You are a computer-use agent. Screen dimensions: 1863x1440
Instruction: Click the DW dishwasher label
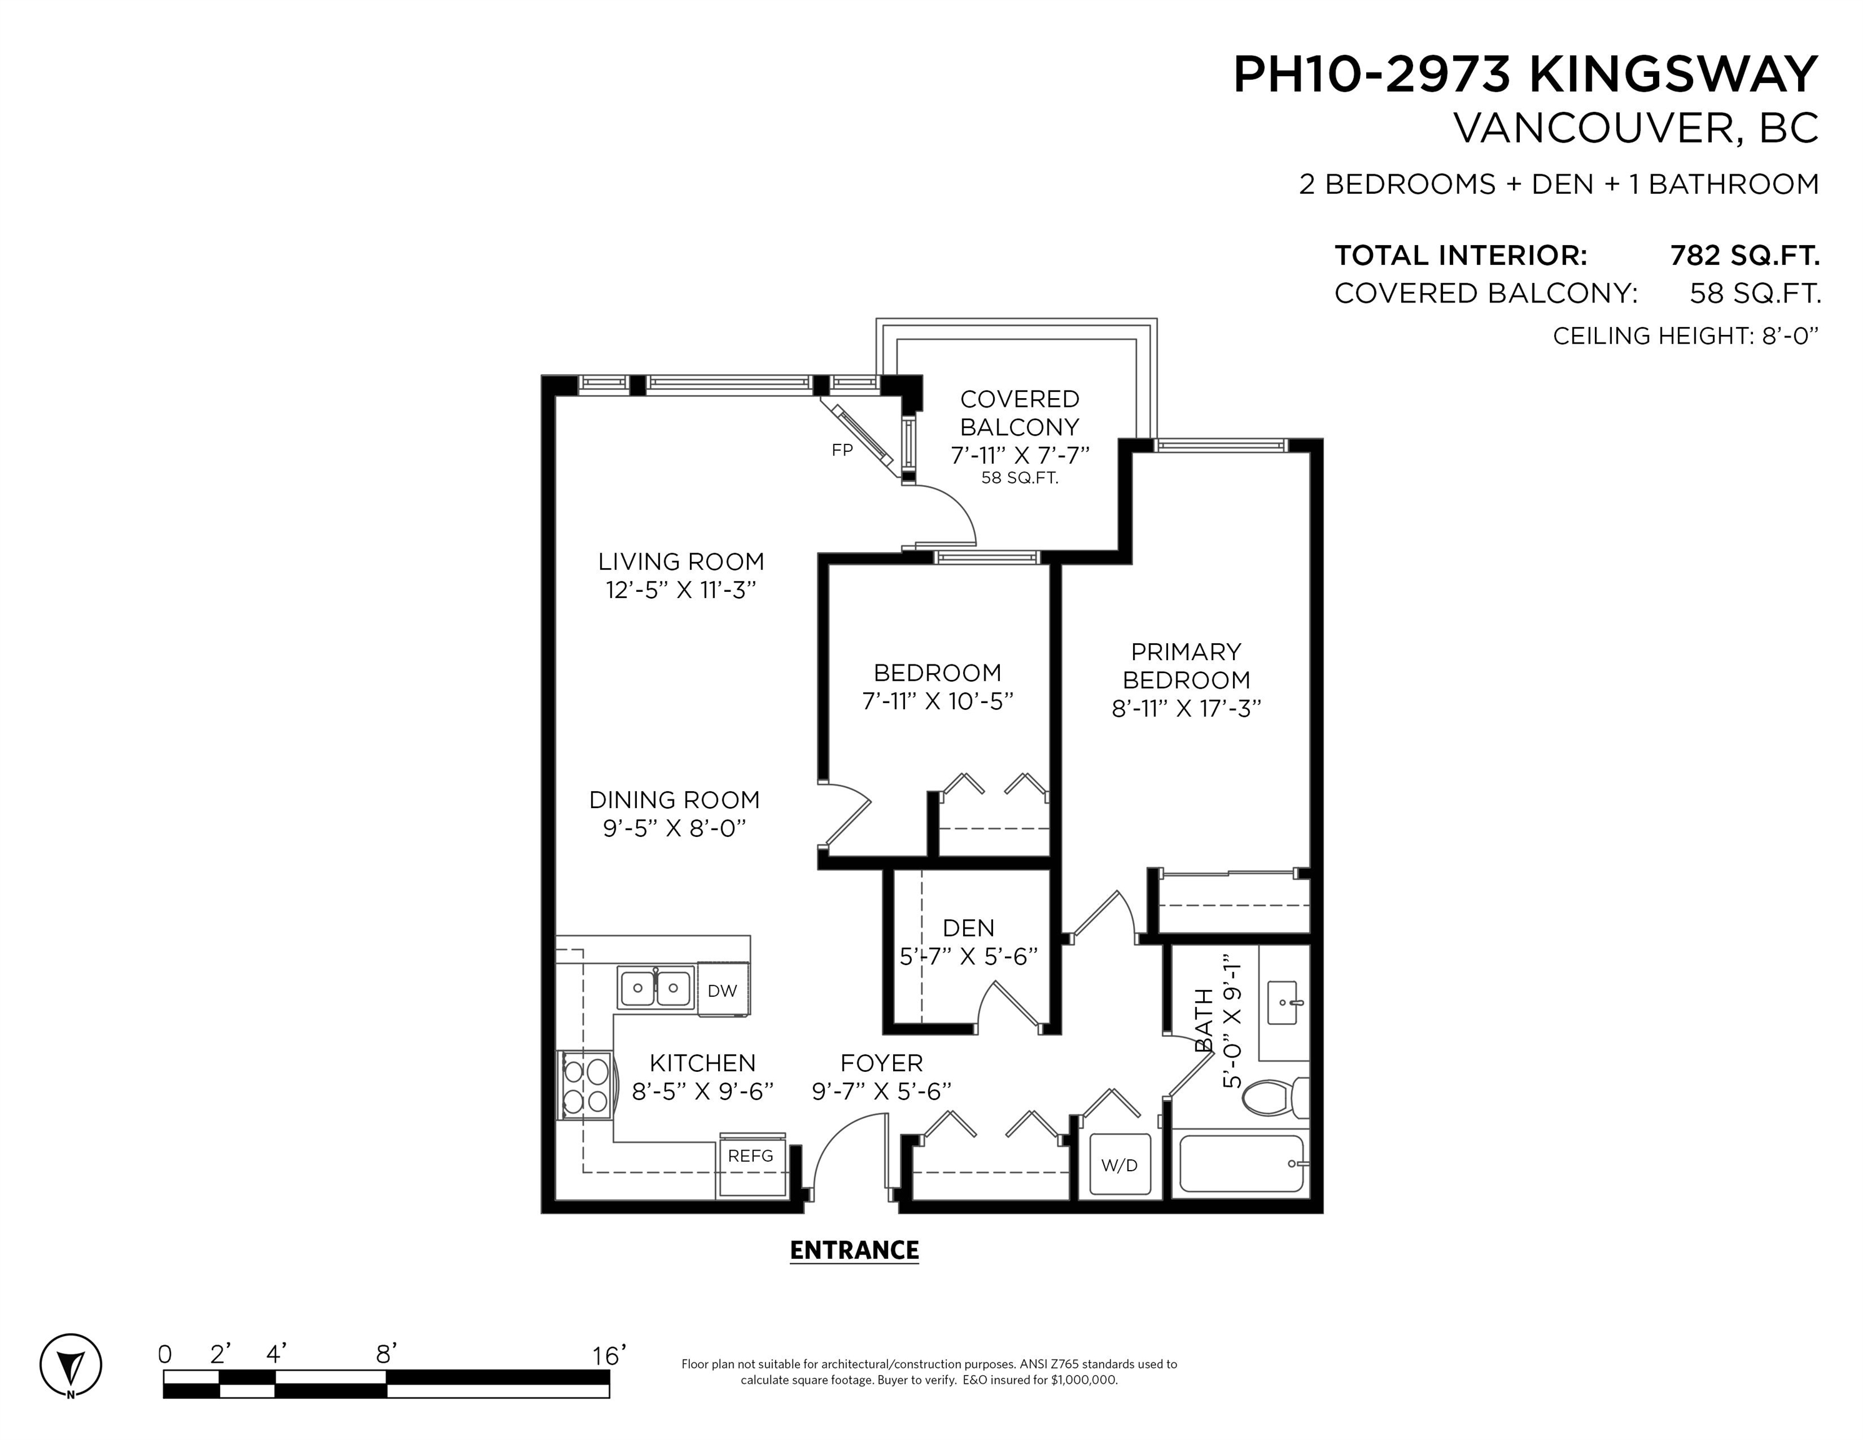coord(722,991)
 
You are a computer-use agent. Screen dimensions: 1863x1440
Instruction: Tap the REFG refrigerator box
coord(752,1165)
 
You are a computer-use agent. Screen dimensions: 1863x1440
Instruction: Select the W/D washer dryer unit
coord(1119,1165)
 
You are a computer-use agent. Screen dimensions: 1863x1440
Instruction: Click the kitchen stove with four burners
coord(585,1084)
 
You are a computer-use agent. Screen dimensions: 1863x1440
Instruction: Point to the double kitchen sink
coord(655,988)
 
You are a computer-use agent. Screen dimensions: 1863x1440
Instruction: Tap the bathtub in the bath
coord(1242,1164)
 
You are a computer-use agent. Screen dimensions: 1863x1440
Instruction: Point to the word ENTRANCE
coord(854,1250)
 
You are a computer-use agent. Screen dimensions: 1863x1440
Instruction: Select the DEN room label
coord(968,927)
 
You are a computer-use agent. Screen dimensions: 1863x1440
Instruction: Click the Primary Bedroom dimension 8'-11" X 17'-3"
coord(1186,708)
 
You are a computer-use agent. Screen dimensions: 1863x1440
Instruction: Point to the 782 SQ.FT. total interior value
coord(1744,255)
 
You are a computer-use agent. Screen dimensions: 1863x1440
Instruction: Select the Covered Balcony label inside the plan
coord(1019,413)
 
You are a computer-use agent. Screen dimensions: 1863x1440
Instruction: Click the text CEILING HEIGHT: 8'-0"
coord(1686,336)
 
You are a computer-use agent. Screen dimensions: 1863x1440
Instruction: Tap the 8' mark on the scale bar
coord(386,1354)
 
